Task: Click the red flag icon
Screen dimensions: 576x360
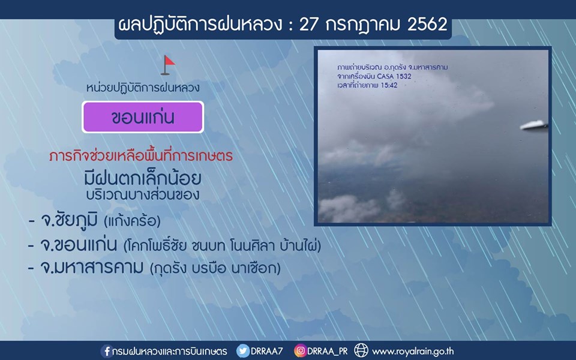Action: [168, 65]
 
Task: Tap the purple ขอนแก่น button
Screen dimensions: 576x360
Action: [143, 117]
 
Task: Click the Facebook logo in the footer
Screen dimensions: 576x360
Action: [107, 351]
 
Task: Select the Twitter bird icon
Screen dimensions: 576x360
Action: [242, 351]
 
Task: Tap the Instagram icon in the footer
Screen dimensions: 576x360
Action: [300, 350]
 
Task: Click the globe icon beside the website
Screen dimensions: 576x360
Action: [361, 350]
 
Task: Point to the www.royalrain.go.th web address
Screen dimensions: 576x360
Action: [413, 352]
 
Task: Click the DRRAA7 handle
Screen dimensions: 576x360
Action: [266, 351]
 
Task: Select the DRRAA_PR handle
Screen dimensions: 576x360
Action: [328, 351]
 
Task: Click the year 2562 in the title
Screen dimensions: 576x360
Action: [427, 25]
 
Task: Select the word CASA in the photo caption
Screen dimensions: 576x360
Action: [385, 76]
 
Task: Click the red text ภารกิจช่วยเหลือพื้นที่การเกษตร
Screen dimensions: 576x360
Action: [141, 155]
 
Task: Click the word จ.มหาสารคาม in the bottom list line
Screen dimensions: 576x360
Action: [91, 268]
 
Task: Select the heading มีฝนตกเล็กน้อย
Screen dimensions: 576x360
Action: [143, 178]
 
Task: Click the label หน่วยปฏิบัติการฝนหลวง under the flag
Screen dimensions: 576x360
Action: [143, 88]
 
